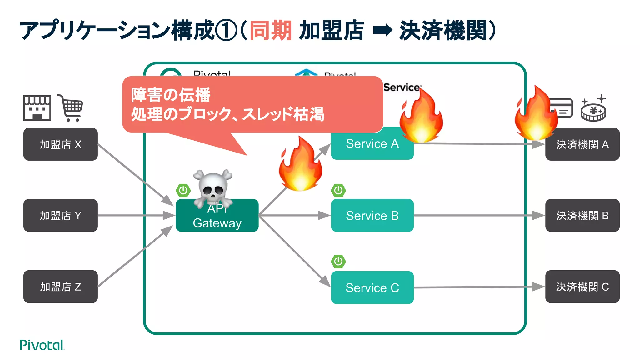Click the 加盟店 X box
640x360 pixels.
60,144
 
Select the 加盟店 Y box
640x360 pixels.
60,215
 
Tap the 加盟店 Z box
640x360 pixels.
60,287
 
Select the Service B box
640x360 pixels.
372,215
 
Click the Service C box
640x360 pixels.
372,287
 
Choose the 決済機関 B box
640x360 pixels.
582,215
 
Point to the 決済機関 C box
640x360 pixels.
582,287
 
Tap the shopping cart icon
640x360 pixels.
71,108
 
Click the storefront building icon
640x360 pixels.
37,108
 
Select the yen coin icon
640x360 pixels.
593,111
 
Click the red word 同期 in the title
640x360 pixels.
271,30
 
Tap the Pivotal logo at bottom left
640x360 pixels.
42,345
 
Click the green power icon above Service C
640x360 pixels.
338,261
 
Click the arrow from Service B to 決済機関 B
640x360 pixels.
478,215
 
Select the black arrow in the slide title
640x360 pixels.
382,30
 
